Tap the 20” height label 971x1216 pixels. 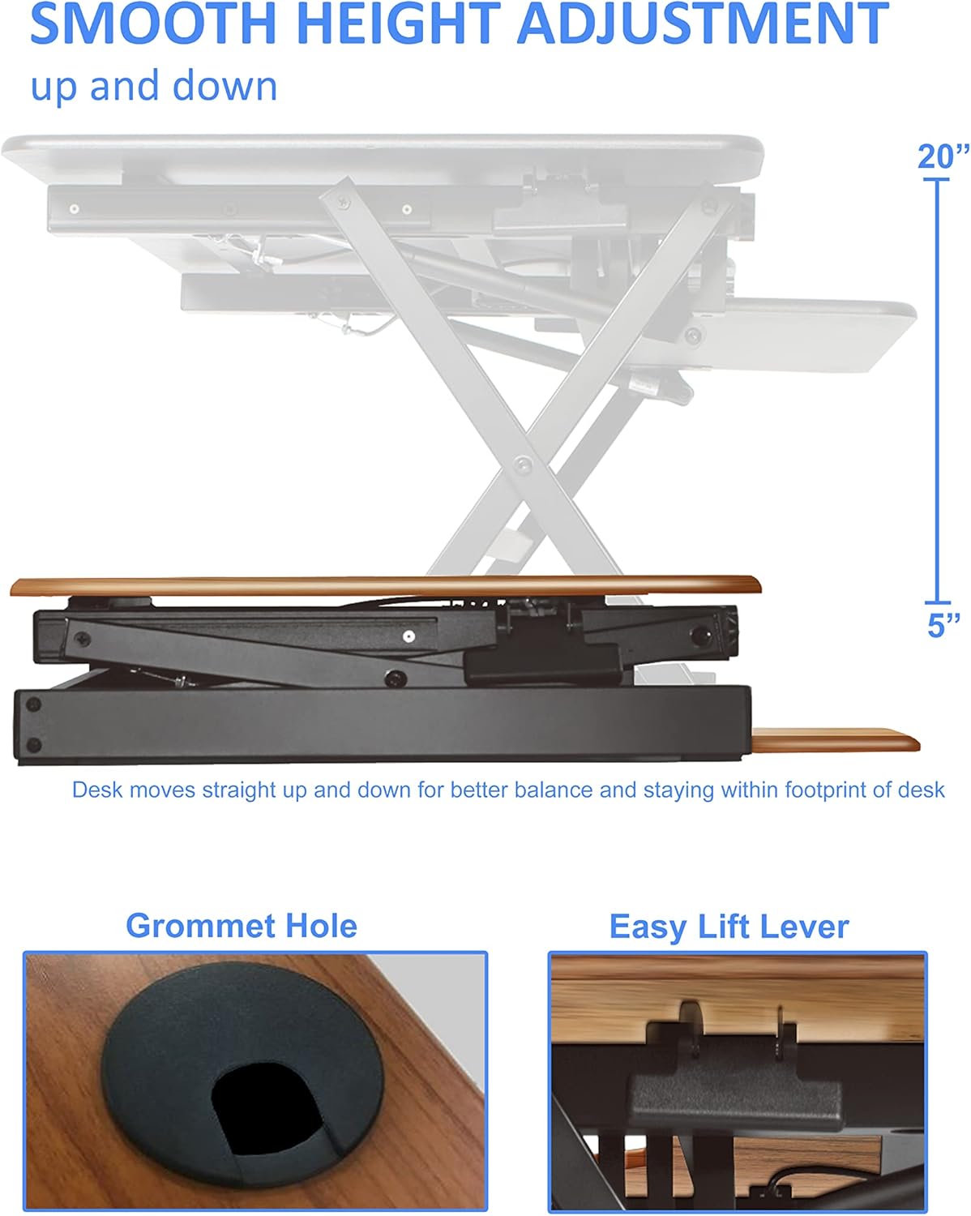tap(943, 156)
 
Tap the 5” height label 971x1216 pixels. tap(943, 625)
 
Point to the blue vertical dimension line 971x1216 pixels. tap(938, 389)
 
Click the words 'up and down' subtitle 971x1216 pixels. tap(154, 86)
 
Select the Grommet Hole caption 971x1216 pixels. tap(242, 926)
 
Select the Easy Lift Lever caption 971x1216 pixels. tap(729, 927)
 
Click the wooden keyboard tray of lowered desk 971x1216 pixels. tap(835, 740)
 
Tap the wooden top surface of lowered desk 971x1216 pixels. tap(385, 584)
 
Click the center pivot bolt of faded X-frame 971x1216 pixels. tap(524, 465)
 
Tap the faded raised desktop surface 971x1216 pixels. tap(381, 154)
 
